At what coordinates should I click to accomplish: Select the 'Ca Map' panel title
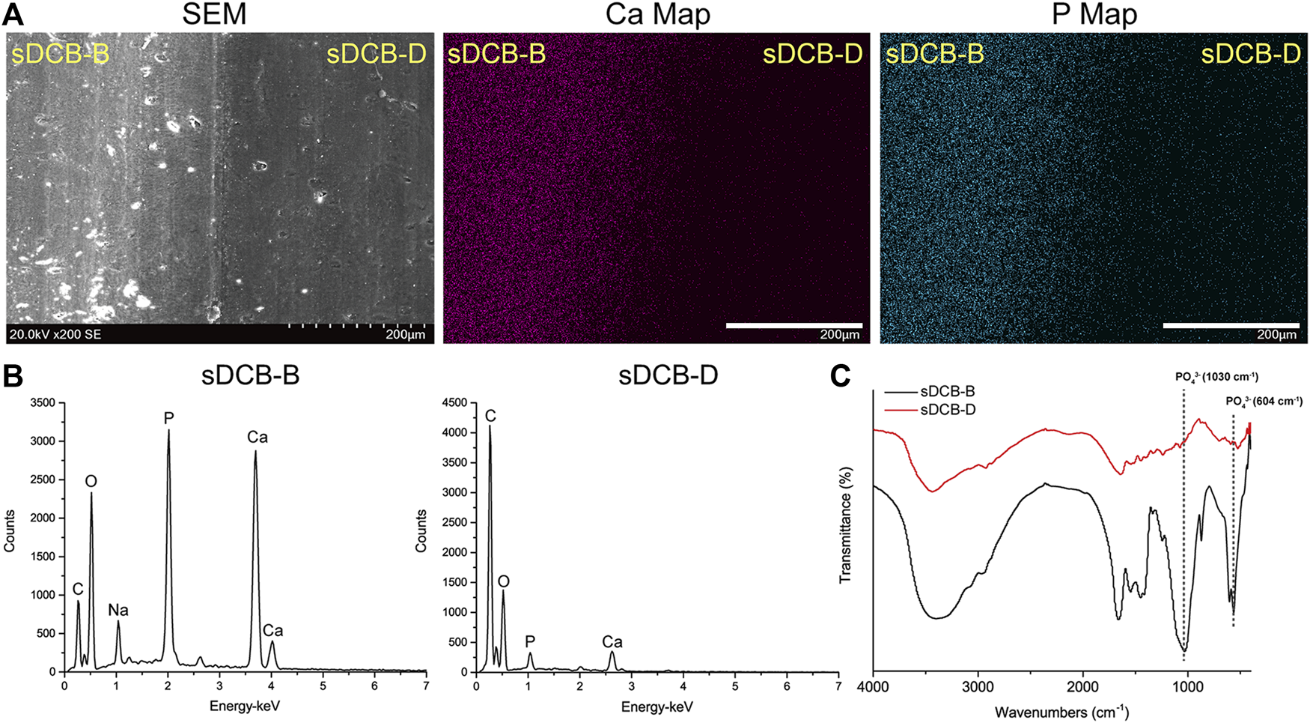point(657,14)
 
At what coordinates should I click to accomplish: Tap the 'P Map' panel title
point(1094,14)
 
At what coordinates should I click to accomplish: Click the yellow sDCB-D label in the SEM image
point(376,54)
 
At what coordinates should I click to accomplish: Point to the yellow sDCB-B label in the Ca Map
point(496,54)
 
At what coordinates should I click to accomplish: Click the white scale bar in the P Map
point(1231,326)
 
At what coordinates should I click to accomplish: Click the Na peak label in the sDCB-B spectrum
point(118,610)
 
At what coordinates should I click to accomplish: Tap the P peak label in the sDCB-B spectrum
point(168,417)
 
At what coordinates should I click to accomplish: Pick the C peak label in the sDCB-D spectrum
point(490,416)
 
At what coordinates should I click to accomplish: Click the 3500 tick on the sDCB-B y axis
point(42,403)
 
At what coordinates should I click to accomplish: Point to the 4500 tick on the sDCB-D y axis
point(454,403)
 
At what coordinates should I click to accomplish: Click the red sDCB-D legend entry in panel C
point(947,410)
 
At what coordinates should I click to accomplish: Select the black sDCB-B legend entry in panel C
point(947,392)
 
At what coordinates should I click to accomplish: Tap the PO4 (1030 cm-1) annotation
point(1216,377)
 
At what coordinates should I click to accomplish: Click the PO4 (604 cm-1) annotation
point(1264,402)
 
